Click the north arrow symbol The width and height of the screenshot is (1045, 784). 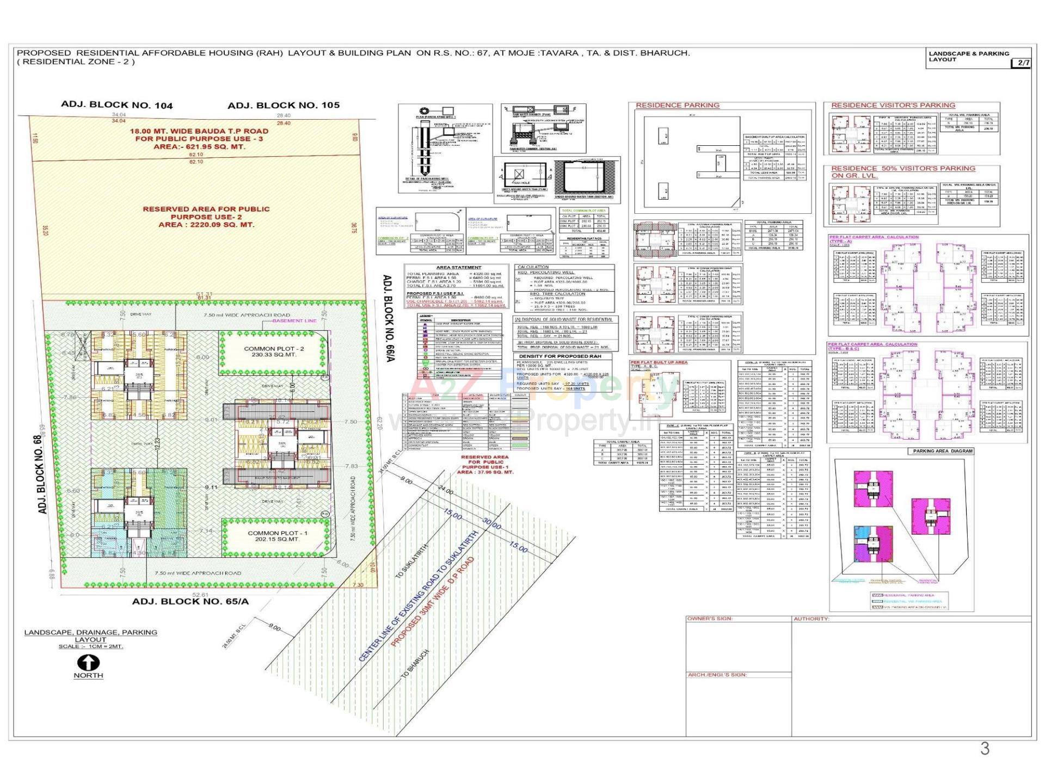point(88,662)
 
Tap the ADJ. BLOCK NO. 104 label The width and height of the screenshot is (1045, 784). point(116,105)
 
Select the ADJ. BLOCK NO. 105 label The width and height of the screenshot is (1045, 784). point(284,105)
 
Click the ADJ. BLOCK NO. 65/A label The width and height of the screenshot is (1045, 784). point(190,601)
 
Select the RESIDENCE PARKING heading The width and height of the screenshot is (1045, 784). point(677,105)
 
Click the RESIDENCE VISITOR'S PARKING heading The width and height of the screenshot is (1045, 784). point(893,105)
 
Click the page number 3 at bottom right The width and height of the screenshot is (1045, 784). point(985,749)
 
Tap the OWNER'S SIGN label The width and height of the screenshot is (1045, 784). point(710,619)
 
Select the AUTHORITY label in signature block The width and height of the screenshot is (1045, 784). point(811,619)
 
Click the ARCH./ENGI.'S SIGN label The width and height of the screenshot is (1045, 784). point(717,675)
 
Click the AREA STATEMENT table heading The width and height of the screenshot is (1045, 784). point(459,267)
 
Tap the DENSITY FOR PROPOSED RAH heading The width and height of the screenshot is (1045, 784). point(560,356)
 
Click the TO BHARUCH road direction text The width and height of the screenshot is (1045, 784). point(415,664)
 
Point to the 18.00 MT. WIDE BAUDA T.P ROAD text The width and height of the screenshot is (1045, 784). point(199,131)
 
